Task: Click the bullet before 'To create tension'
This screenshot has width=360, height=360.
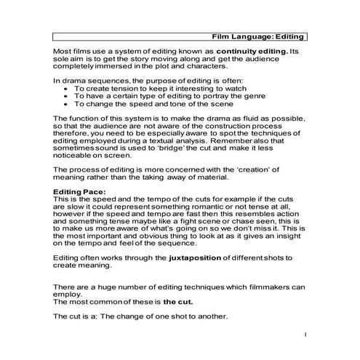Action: [67, 87]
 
